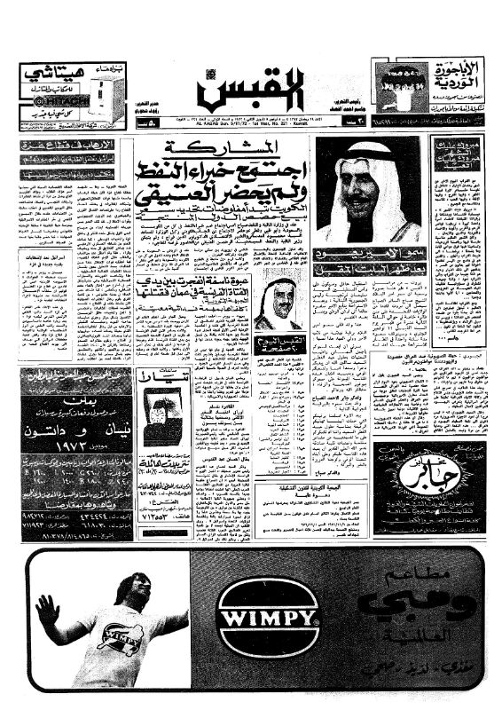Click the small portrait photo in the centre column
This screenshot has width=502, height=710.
[277, 305]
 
